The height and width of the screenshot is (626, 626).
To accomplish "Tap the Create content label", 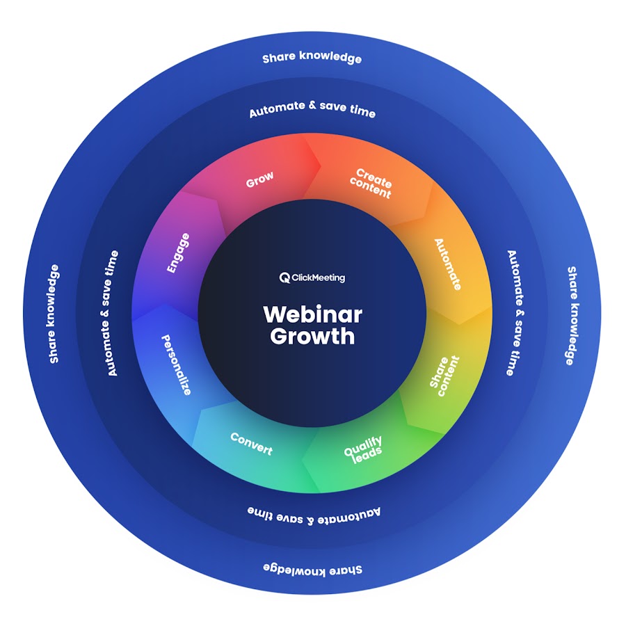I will coord(371,183).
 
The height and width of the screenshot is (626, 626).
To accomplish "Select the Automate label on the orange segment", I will coord(447,264).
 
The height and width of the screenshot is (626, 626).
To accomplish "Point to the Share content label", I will coord(444,376).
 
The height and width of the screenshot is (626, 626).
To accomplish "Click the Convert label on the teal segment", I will coord(251,443).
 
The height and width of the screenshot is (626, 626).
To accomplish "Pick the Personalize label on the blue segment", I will coord(176,364).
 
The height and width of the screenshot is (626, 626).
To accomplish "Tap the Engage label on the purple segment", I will coord(178,253).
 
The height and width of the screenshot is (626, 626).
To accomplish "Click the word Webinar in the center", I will coord(312,314).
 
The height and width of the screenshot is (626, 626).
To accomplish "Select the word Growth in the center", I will coord(312,336).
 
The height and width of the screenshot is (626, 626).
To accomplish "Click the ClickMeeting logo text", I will coord(319,278).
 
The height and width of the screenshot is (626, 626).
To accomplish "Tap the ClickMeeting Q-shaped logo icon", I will coord(284,278).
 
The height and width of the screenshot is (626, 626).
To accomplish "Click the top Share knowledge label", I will coord(312,58).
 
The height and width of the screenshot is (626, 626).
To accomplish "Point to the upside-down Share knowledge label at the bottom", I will coord(312,569).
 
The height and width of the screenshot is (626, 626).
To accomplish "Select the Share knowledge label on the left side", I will coord(54,313).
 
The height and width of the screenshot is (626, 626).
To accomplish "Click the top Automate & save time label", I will coord(312,109).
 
